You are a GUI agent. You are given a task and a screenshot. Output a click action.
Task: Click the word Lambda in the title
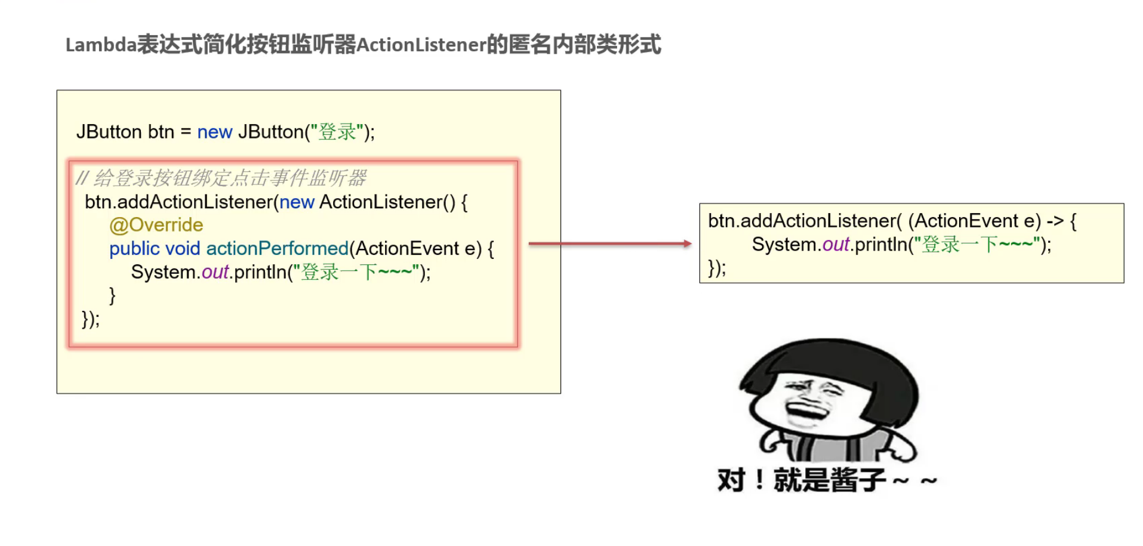point(101,45)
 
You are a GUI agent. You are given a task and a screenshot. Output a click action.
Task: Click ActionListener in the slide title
point(421,45)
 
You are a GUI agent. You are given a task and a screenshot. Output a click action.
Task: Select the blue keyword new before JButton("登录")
point(214,132)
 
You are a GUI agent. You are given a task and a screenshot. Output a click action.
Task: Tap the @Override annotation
point(156,225)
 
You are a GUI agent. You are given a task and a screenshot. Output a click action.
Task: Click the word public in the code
point(134,249)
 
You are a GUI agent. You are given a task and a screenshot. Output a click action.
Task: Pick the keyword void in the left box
point(182,249)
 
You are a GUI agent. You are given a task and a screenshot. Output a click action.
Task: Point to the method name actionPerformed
point(277,249)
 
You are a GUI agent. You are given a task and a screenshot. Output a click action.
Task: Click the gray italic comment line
point(221,178)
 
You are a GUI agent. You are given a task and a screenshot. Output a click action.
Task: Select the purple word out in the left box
point(215,273)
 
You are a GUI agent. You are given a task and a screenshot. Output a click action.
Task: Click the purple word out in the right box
point(836,245)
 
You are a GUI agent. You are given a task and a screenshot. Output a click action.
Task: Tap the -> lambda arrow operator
point(1055,221)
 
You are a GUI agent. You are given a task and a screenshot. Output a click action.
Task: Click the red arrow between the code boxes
point(609,243)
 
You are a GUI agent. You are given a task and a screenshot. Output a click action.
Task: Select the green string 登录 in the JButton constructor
point(337,132)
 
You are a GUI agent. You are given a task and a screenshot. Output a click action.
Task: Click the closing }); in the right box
point(717,268)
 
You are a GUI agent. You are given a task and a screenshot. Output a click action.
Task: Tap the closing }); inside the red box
point(91,319)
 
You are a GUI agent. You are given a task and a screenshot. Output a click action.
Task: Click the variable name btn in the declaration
point(161,132)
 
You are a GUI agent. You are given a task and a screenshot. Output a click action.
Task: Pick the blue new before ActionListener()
point(297,202)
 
